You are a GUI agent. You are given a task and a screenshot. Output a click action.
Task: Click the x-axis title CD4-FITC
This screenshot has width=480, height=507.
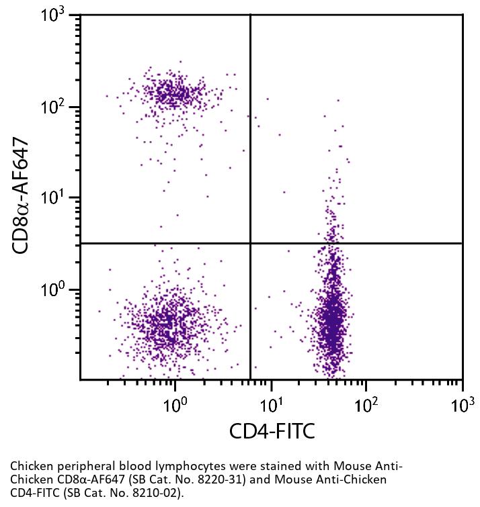point(271,432)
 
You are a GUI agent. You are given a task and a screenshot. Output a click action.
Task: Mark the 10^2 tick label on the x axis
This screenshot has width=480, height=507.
point(366,403)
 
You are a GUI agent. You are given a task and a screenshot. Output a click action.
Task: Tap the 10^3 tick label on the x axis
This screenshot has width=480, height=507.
point(462,403)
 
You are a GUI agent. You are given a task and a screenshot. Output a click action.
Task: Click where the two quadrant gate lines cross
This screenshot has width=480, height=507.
point(251,243)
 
